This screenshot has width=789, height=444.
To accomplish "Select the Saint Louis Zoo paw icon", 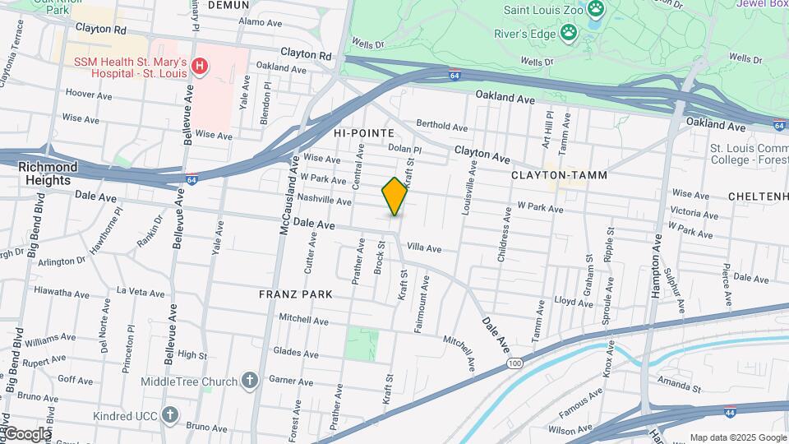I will coord(596,11).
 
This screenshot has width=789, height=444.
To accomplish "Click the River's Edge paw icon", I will coord(568,33).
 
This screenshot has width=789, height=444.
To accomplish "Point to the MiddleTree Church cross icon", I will coord(250,381).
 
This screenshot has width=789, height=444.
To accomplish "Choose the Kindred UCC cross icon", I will coord(170,414).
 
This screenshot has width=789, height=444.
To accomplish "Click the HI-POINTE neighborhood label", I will coord(363,132).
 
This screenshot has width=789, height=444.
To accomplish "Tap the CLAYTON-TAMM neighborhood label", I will coord(548,175).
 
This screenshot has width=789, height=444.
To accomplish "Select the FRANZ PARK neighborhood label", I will coord(295,294).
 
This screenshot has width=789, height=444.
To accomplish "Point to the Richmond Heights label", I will coord(48,173).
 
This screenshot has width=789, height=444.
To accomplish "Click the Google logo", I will coord(26,433).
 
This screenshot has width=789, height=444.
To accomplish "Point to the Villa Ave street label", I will coord(424,248).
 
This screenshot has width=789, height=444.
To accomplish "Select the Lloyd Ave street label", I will coord(573,302).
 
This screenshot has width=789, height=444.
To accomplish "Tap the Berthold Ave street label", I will coord(442,126).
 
